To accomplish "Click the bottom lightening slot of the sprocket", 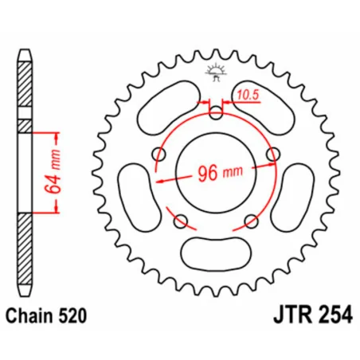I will point(216,253).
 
